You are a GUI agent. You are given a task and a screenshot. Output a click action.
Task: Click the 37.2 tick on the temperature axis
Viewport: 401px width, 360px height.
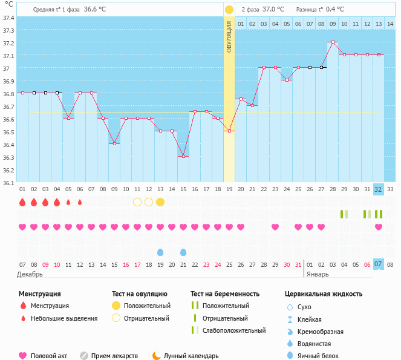point(9,43)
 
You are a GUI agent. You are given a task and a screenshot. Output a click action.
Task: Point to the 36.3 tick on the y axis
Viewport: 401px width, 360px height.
point(9,157)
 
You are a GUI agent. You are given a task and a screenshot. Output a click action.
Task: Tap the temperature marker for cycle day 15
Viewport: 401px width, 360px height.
point(183,156)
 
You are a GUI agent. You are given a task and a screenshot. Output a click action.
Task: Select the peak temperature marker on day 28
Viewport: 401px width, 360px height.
point(333,42)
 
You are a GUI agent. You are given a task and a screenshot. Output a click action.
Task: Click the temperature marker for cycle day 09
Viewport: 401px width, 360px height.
point(114,143)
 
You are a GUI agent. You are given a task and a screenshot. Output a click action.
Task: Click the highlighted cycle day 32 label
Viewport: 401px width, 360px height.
point(379,189)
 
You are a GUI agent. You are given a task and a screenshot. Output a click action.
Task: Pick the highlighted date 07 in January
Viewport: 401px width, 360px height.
point(379,264)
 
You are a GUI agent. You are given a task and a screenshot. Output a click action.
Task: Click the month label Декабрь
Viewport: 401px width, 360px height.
point(31,274)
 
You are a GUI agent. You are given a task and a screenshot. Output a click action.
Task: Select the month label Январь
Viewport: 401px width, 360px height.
point(318,274)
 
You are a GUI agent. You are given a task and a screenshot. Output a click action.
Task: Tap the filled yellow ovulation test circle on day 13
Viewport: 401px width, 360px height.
point(160,202)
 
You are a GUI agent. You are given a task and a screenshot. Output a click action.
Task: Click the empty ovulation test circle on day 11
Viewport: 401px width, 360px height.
point(137,202)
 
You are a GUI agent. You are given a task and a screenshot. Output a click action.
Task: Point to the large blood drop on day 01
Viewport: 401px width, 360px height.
point(22,202)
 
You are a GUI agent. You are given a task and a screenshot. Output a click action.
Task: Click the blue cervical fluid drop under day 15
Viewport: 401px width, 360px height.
point(183,252)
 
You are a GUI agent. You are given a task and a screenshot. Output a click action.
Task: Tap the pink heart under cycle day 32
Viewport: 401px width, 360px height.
point(379,227)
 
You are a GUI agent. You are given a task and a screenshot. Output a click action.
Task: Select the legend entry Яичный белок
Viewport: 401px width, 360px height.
point(318,356)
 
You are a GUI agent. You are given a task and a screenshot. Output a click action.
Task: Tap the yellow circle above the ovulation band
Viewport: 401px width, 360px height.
point(229,10)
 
